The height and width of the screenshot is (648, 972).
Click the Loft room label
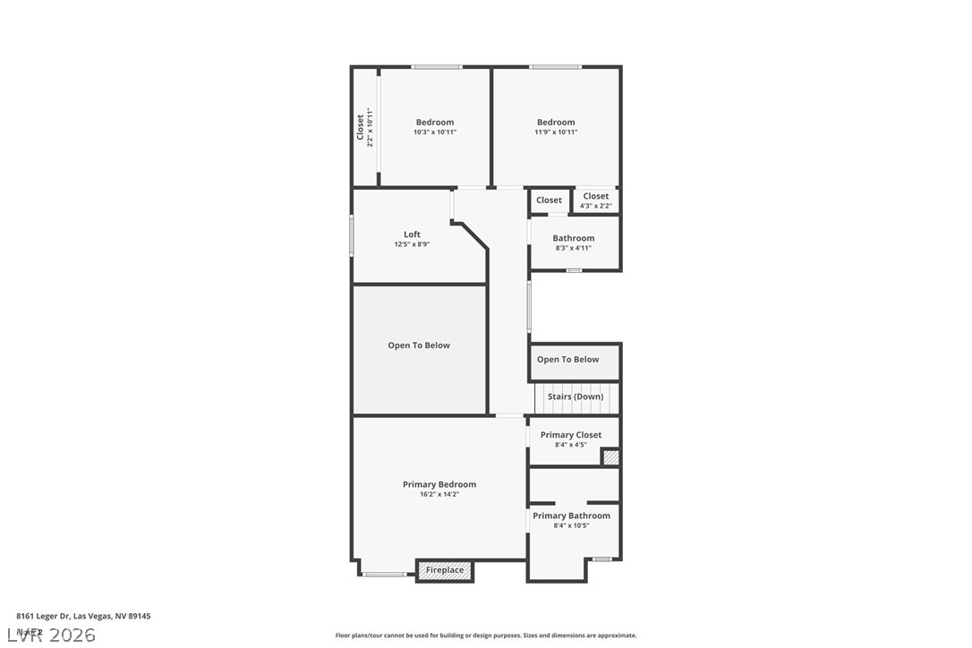[412, 234]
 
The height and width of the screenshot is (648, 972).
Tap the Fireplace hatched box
[445, 570]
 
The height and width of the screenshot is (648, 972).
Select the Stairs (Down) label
[576, 396]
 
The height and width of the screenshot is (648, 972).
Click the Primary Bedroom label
[439, 484]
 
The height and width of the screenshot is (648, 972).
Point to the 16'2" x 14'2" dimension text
[439, 494]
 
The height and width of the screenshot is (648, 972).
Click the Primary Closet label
[571, 435]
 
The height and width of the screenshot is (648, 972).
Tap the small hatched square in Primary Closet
[610, 457]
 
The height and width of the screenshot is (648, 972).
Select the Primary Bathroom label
[571, 516]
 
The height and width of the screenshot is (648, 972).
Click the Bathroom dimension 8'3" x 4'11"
[574, 248]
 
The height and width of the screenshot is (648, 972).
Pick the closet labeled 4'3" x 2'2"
[596, 201]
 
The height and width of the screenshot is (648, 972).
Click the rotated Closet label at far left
[361, 127]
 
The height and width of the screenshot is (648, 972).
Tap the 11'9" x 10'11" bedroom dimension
[556, 132]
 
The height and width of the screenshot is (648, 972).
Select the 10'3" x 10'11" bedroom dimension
[435, 132]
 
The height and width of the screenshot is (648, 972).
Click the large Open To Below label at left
[419, 345]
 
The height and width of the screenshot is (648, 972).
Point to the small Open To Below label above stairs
[568, 360]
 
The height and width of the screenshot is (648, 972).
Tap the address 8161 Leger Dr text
[83, 616]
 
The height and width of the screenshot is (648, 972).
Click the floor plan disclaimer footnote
[486, 635]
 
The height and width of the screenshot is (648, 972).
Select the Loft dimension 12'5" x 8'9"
[412, 244]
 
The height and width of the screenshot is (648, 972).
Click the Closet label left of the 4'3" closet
[550, 200]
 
